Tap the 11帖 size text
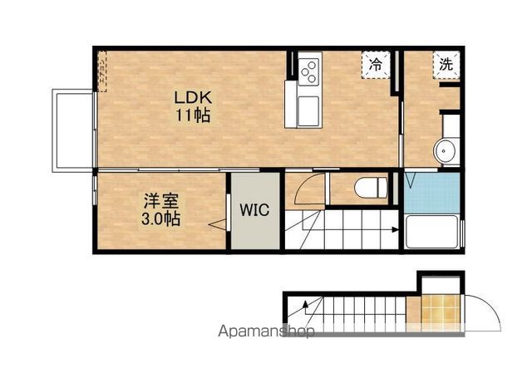tap(191, 115)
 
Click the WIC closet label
tap(255, 210)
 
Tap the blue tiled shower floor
tap(432, 192)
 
